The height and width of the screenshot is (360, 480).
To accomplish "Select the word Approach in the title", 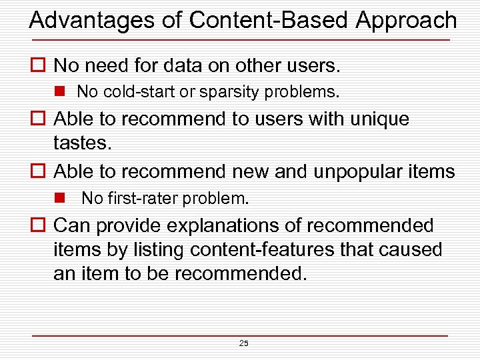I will [406, 20].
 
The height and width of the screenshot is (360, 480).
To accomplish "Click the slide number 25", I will [243, 343].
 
